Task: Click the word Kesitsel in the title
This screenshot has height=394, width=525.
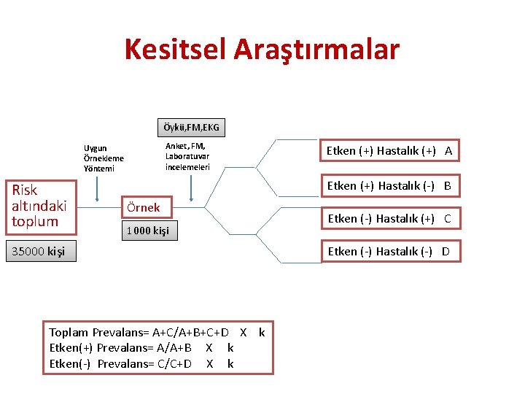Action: click(x=175, y=50)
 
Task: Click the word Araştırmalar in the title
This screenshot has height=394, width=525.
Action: click(x=316, y=50)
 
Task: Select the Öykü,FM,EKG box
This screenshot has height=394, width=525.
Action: click(x=191, y=128)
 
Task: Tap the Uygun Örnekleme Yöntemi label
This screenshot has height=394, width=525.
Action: click(x=104, y=158)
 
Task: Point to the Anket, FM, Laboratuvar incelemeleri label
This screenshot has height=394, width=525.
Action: click(x=187, y=156)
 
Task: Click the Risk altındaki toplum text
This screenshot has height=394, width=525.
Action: click(x=39, y=205)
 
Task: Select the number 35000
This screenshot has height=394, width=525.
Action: click(x=27, y=252)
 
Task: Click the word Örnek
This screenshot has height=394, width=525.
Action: click(x=143, y=207)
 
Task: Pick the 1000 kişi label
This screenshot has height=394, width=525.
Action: click(x=148, y=231)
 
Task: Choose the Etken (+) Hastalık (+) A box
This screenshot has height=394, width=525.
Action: click(x=389, y=151)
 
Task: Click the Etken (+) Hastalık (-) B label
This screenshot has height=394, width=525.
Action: click(x=389, y=186)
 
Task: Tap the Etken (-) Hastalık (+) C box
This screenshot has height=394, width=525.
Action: click(x=389, y=218)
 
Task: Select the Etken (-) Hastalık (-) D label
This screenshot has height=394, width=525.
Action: click(x=389, y=252)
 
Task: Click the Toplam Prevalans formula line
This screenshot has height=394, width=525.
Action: click(x=157, y=333)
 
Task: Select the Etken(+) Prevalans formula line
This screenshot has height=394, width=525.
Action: click(x=141, y=348)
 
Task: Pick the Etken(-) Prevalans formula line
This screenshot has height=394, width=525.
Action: click(x=141, y=363)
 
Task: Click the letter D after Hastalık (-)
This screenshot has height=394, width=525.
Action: click(x=446, y=252)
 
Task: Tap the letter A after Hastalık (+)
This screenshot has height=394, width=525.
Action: click(x=448, y=151)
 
